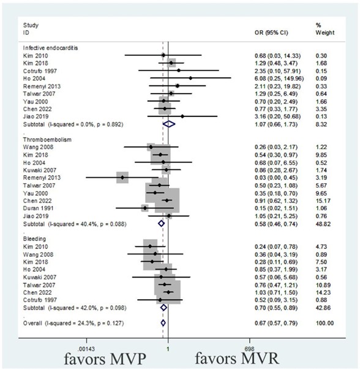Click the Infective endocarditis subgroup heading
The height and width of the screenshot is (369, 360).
[x=50, y=48]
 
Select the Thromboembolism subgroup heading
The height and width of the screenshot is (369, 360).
[x=47, y=140]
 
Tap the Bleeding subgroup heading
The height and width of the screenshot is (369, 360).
[x=34, y=239]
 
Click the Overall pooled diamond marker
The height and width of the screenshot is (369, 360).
[x=163, y=323]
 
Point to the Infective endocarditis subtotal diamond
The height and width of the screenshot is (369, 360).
[x=169, y=124]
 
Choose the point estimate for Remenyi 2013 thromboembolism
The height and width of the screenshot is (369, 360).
[x=122, y=177]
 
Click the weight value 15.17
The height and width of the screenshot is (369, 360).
[x=323, y=200]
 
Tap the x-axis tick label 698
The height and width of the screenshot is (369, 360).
[x=250, y=349]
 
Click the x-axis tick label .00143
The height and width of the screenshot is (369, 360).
[x=86, y=349]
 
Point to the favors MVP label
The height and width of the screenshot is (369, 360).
[x=105, y=359]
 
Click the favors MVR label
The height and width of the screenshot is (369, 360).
[x=237, y=359]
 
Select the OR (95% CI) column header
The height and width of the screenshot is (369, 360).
[x=271, y=32]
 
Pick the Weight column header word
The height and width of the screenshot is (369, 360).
[x=325, y=32]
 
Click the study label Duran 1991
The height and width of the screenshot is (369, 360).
[x=38, y=208]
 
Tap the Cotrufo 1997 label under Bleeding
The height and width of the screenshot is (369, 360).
[x=40, y=300]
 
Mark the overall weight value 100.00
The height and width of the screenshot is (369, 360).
[x=324, y=323]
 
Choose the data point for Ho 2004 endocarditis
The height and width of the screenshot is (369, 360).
[x=190, y=78]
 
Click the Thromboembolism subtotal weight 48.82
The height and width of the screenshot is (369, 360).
[x=323, y=224]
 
